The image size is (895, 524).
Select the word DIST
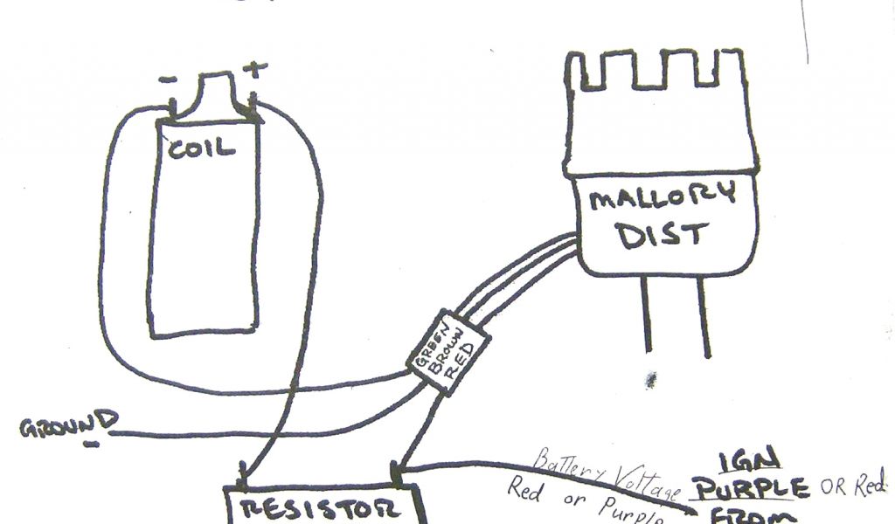tap(662, 235)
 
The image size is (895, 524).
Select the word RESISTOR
tap(323, 509)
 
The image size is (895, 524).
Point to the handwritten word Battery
tap(567, 467)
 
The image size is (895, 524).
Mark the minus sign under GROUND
tap(90, 443)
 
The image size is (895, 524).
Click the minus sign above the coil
tap(168, 79)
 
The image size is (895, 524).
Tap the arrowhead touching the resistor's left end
tap(241, 478)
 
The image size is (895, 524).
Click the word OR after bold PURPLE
tap(834, 486)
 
